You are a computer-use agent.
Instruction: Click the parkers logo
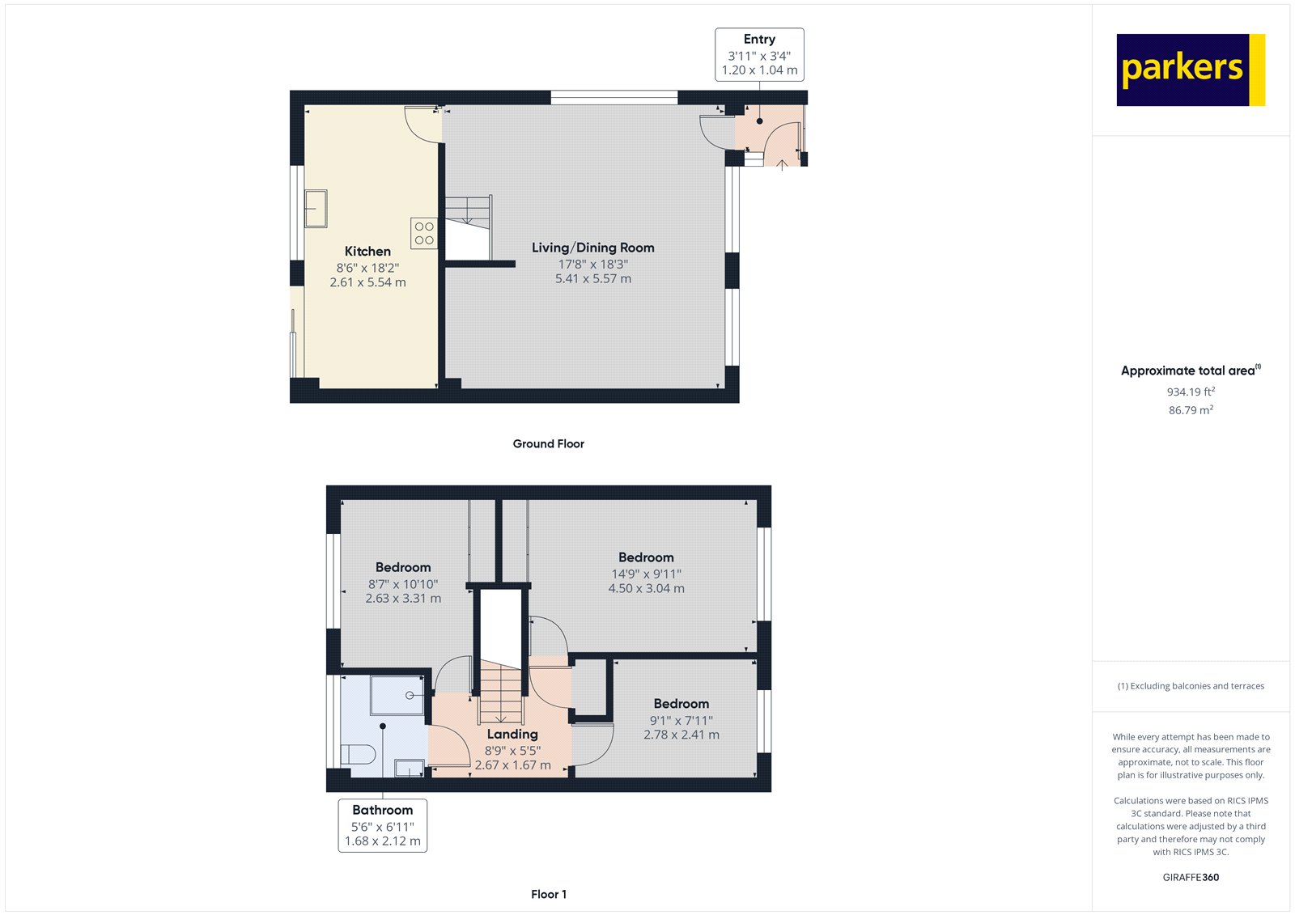pyautogui.click(x=1191, y=70)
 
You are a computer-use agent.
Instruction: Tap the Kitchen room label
pyautogui.click(x=367, y=252)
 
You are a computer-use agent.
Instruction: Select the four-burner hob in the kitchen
pyautogui.click(x=424, y=233)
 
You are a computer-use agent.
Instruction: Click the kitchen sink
pyautogui.click(x=316, y=209)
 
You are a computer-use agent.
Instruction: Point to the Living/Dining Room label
pyautogui.click(x=593, y=248)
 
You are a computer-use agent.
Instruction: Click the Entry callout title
pyautogui.click(x=759, y=40)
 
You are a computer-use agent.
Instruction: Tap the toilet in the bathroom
pyautogui.click(x=358, y=754)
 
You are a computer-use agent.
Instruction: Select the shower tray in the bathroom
pyautogui.click(x=397, y=696)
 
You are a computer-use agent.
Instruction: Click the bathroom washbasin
pyautogui.click(x=409, y=769)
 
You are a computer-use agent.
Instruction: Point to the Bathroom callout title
pyautogui.click(x=383, y=810)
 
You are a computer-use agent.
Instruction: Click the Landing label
pyautogui.click(x=512, y=734)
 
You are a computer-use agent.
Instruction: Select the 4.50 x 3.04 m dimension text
pyautogui.click(x=647, y=588)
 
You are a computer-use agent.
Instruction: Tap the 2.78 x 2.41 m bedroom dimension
pyautogui.click(x=681, y=735)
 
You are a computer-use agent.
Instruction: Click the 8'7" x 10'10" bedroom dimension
pyautogui.click(x=403, y=584)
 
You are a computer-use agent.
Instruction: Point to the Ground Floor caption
pyautogui.click(x=549, y=444)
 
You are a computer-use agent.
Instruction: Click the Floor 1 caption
pyautogui.click(x=549, y=894)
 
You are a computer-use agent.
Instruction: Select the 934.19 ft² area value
pyautogui.click(x=1191, y=392)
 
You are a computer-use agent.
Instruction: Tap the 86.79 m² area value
pyautogui.click(x=1191, y=410)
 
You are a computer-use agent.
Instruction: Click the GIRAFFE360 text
pyautogui.click(x=1191, y=877)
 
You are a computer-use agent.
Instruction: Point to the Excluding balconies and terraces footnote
pyautogui.click(x=1191, y=686)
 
